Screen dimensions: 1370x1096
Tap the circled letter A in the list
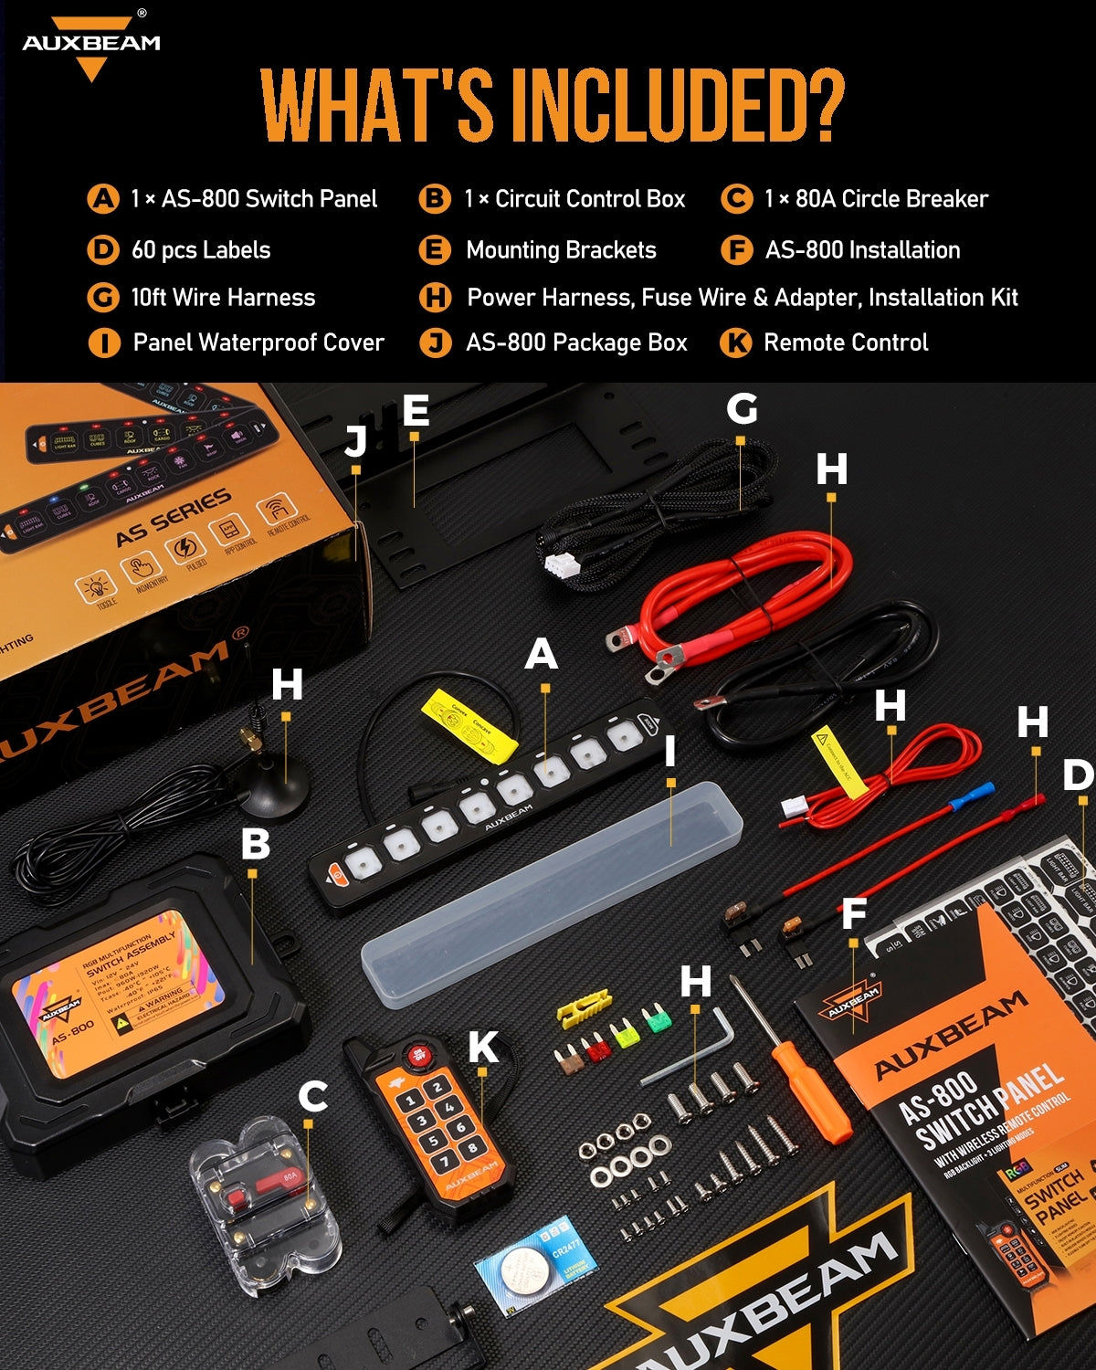coord(103,199)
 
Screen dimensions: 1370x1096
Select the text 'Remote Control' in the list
coord(845,342)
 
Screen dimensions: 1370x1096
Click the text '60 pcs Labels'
coord(201,250)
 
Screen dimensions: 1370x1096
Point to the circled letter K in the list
coord(736,343)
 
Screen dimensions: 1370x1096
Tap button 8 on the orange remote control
coord(472,1147)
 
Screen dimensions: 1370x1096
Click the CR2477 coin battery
coord(535,1264)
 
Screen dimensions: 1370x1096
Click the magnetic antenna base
coord(271,791)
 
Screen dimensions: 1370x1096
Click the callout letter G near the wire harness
coord(742,408)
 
